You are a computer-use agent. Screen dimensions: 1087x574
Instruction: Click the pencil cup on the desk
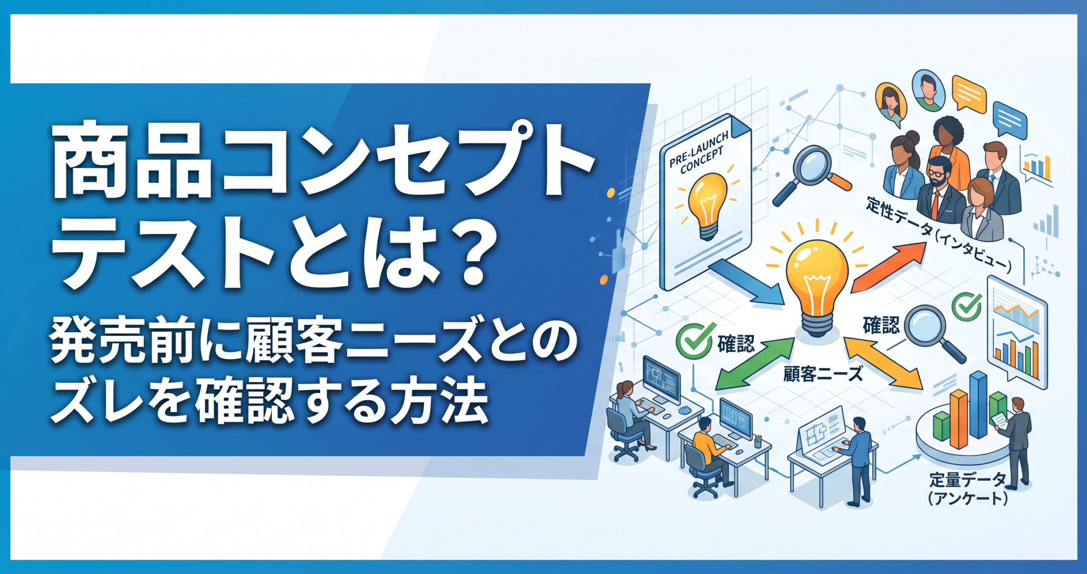pyautogui.click(x=758, y=442)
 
